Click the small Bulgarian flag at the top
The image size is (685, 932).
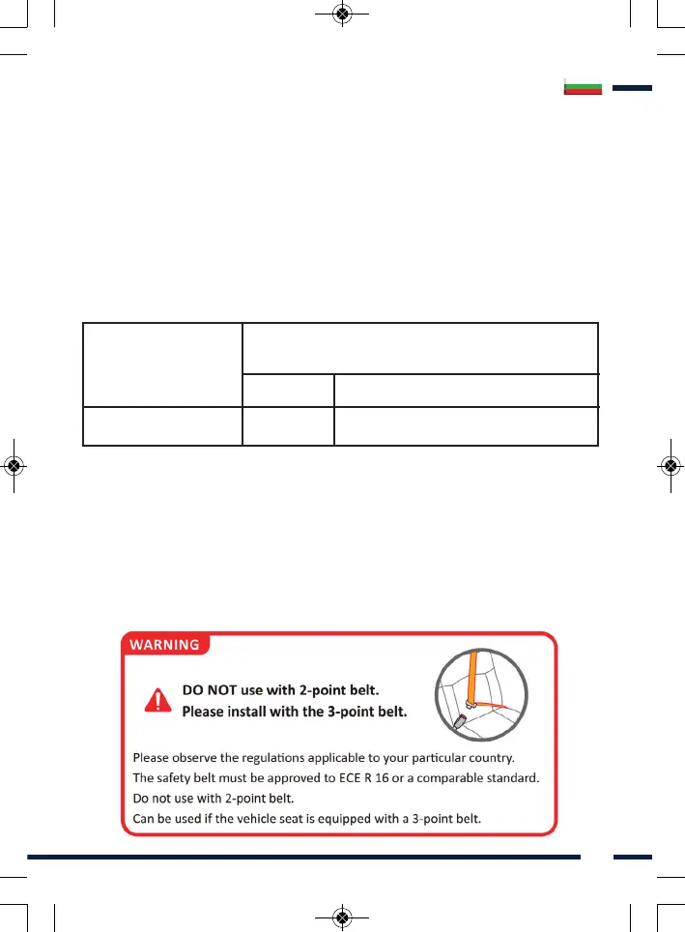tap(583, 88)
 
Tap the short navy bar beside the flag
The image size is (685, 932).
tap(632, 88)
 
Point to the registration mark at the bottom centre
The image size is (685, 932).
tap(341, 917)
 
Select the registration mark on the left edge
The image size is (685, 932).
tap(14, 465)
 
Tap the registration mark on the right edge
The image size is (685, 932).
tap(671, 465)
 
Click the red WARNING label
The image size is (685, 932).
tap(164, 644)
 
